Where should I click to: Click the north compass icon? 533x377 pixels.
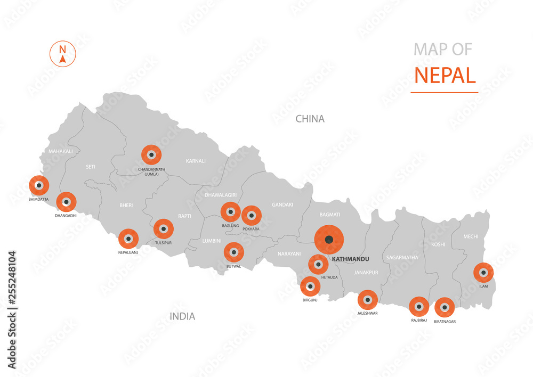click(63, 53)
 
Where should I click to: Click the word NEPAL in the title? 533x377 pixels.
click(445, 75)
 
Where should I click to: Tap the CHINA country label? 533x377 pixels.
click(310, 119)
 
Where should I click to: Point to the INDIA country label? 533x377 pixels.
click(182, 316)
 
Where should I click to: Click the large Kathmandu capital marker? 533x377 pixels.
click(329, 240)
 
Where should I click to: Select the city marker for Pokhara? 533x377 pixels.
click(252, 216)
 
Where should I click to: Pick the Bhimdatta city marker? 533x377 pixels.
click(39, 185)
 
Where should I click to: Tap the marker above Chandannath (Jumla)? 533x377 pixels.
click(151, 155)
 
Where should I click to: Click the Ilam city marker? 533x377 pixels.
click(483, 273)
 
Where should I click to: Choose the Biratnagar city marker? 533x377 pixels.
click(445, 307)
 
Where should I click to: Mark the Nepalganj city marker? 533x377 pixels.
click(128, 239)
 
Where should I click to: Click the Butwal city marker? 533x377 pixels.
click(233, 252)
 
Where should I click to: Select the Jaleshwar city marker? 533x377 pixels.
click(367, 299)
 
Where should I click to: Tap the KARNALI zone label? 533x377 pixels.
click(196, 160)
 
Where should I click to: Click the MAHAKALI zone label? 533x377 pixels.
click(60, 151)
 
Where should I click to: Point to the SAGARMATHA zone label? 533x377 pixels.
click(402, 257)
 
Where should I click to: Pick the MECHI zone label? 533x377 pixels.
click(471, 236)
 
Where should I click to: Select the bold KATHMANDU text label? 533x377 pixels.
click(350, 259)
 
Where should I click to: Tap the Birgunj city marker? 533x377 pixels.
click(310, 286)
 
